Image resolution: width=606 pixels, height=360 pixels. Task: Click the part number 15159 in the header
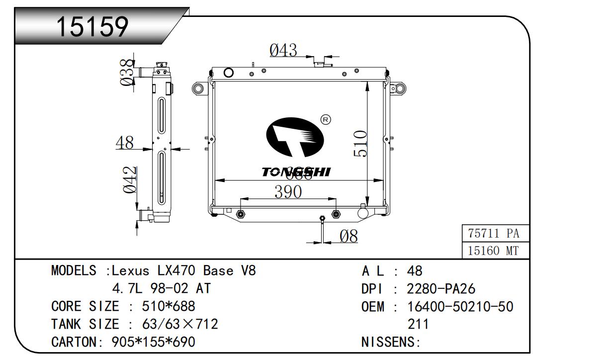[92, 27]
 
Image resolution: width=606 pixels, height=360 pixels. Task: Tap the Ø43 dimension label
[283, 50]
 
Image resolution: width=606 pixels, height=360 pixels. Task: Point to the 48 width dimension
[124, 143]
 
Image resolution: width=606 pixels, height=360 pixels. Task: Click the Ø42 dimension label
[130, 180]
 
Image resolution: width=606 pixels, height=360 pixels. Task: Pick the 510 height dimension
[360, 144]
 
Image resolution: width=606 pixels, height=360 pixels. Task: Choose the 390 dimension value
[288, 191]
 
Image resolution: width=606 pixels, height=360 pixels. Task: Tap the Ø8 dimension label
[348, 237]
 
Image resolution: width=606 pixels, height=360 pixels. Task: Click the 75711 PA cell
[493, 233]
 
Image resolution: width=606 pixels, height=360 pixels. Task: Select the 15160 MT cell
[493, 251]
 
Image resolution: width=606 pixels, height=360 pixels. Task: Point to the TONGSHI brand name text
[296, 172]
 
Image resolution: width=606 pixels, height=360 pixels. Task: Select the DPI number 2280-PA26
[441, 289]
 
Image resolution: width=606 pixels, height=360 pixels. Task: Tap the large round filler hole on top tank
[229, 73]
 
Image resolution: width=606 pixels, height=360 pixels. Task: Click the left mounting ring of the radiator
[198, 89]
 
